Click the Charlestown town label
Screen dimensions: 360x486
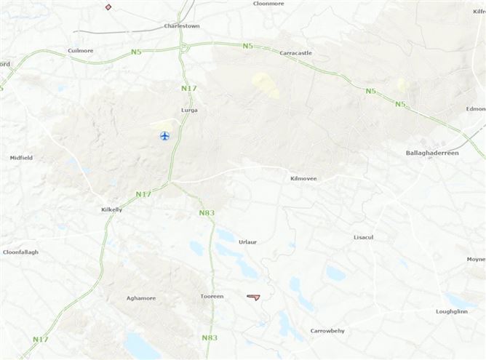pos(182,25)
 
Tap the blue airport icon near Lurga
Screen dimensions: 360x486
pos(164,136)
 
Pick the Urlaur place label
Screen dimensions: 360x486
pos(247,241)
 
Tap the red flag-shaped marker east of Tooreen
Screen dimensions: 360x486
pos(253,297)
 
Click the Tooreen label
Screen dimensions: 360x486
pos(212,297)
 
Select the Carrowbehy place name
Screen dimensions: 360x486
pos(327,331)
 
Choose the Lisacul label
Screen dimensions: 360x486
pos(363,238)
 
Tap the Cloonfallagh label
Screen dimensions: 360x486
pos(20,252)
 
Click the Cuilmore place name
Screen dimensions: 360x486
pos(80,51)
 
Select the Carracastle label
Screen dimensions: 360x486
pos(296,53)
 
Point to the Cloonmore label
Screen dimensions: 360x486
pos(268,4)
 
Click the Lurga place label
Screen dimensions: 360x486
pos(189,111)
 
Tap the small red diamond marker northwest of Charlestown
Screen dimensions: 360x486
pos(108,7)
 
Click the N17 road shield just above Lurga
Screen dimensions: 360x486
pos(188,89)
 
